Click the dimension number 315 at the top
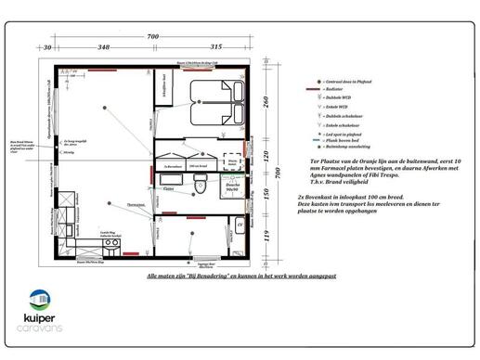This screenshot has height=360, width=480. click(215, 45)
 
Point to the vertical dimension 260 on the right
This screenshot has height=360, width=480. click(266, 101)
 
